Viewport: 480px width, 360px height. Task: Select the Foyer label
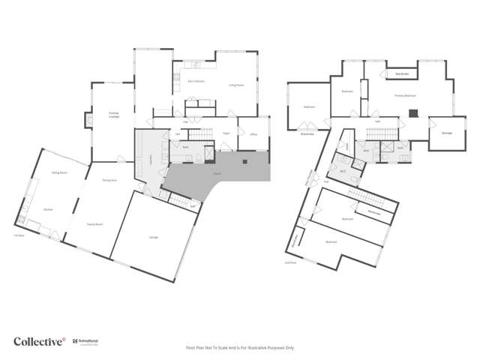coord(225,133)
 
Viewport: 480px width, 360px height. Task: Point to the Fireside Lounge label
coord(114,115)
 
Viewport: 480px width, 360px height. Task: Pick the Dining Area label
coord(109,180)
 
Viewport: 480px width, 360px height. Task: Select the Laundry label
coord(151,158)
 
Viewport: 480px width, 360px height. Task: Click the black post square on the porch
coord(244,162)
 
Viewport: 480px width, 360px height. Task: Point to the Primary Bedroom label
coord(406,96)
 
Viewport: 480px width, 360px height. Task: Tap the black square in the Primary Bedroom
coord(412,114)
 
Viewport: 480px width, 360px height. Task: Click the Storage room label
coord(447,133)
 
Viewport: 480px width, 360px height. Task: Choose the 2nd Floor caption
coord(290,262)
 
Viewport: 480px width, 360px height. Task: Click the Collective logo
coord(39,341)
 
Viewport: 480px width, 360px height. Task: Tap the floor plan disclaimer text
coord(240,348)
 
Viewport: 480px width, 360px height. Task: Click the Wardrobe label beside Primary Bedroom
coord(402,73)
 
